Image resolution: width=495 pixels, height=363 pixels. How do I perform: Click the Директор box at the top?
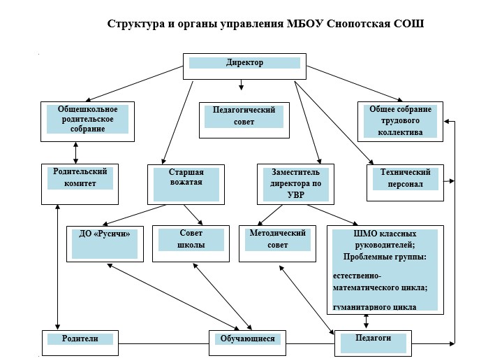pyautogui.click(x=244, y=66)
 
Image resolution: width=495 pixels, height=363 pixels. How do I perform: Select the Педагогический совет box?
pyautogui.click(x=244, y=120)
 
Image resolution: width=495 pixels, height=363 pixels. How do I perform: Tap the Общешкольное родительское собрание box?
pyautogui.click(x=87, y=122)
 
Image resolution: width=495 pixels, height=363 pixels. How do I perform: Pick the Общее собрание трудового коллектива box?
pyautogui.click(x=400, y=122)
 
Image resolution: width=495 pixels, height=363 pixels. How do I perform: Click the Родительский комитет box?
pyautogui.click(x=80, y=184)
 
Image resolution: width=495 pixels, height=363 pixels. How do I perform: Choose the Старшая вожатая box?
pyautogui.click(x=186, y=185)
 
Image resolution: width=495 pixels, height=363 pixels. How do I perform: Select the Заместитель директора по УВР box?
pyautogui.click(x=295, y=184)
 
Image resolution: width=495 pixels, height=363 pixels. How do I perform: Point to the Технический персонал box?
pyautogui.click(x=406, y=183)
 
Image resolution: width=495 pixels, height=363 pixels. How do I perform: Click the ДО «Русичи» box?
pyautogui.click(x=105, y=244)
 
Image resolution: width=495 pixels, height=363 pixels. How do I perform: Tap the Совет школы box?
pyautogui.click(x=191, y=243)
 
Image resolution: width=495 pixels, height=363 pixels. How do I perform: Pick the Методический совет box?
pyautogui.click(x=277, y=243)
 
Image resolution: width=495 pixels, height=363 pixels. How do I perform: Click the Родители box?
pyautogui.click(x=80, y=343)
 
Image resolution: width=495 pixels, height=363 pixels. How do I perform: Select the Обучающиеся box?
pyautogui.click(x=247, y=343)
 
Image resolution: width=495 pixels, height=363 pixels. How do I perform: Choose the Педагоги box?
pyautogui.click(x=373, y=343)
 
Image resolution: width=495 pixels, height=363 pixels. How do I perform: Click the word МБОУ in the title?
pyautogui.click(x=305, y=24)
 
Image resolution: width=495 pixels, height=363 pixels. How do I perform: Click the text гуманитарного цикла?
pyautogui.click(x=375, y=307)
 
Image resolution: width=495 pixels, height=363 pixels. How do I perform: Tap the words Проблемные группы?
pyautogui.click(x=385, y=257)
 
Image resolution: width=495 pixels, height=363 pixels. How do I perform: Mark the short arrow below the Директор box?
pyautogui.click(x=241, y=85)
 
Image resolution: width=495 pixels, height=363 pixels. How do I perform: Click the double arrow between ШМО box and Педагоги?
pyautogui.click(x=367, y=321)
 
